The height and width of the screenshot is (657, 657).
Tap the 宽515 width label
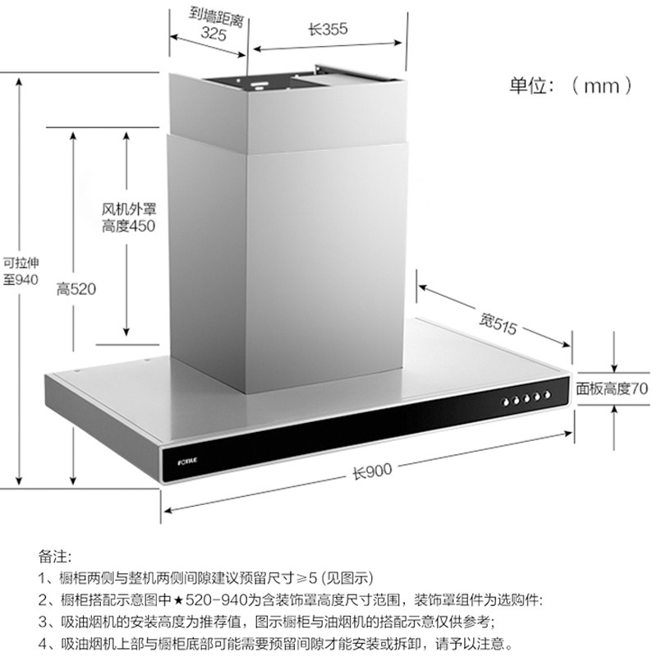498,322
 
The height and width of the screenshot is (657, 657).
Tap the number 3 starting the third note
43,622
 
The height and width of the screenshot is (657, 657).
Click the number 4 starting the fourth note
43,643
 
